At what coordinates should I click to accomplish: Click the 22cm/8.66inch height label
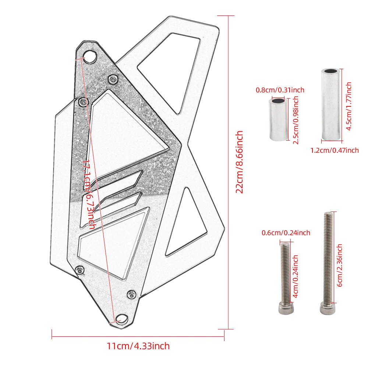(240, 162)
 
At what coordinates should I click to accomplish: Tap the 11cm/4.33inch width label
(138, 346)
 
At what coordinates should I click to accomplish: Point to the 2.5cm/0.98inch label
(296, 120)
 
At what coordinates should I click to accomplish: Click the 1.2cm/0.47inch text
(335, 150)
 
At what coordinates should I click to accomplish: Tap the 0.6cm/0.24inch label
(286, 233)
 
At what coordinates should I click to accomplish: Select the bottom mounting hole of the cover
(120, 319)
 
